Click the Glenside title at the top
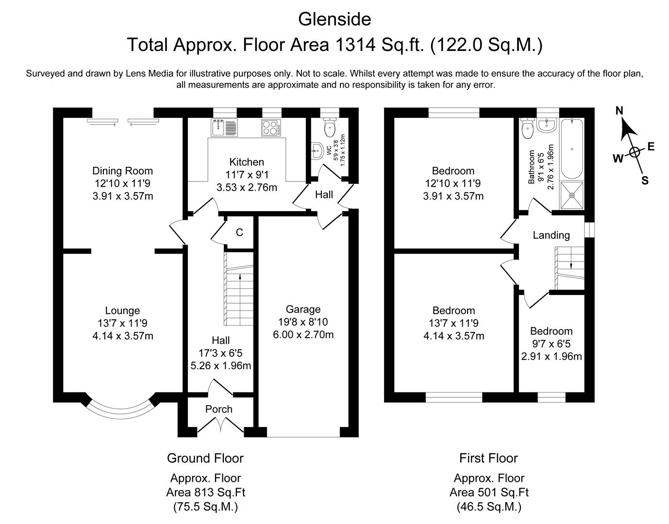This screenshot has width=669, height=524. (x=334, y=20)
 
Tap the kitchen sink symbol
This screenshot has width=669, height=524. (x=224, y=128)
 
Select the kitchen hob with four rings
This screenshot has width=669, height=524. (x=271, y=128)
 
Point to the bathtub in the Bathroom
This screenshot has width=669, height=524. (x=572, y=149)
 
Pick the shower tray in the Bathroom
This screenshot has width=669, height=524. (x=572, y=195)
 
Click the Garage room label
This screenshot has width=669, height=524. (x=303, y=309)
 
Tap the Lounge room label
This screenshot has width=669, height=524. (x=122, y=310)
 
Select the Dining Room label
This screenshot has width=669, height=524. (x=122, y=171)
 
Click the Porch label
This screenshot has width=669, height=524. (x=218, y=409)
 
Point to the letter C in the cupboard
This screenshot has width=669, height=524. (x=239, y=232)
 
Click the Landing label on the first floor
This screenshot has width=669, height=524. (x=551, y=235)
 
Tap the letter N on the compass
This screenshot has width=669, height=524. (x=619, y=111)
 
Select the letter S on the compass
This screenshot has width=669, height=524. (x=645, y=180)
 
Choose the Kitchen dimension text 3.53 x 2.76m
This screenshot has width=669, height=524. (x=247, y=187)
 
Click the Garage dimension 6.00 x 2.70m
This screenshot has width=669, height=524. (x=303, y=334)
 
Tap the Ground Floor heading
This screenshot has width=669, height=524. (x=205, y=458)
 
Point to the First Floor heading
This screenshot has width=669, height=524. (x=488, y=458)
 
